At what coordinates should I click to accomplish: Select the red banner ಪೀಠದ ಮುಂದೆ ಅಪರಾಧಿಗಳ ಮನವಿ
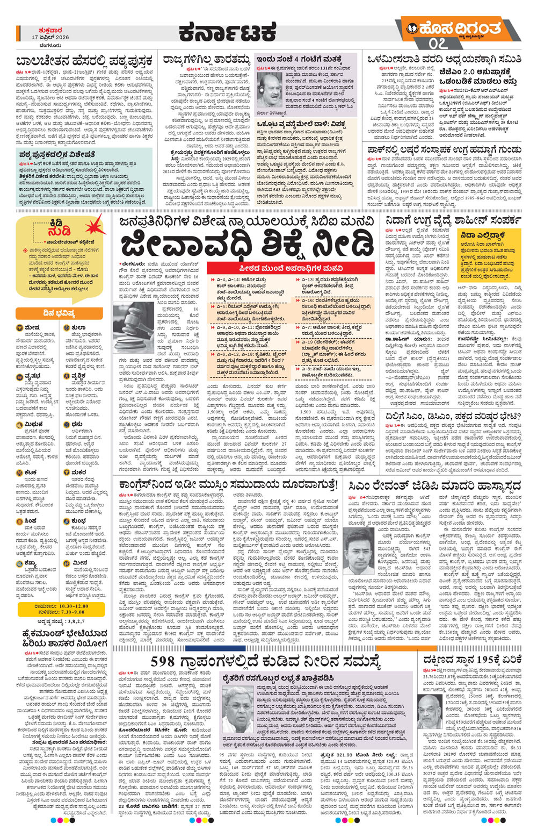284,268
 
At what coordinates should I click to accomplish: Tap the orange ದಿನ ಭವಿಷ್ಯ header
46,313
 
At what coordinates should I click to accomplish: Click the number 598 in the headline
169,662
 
